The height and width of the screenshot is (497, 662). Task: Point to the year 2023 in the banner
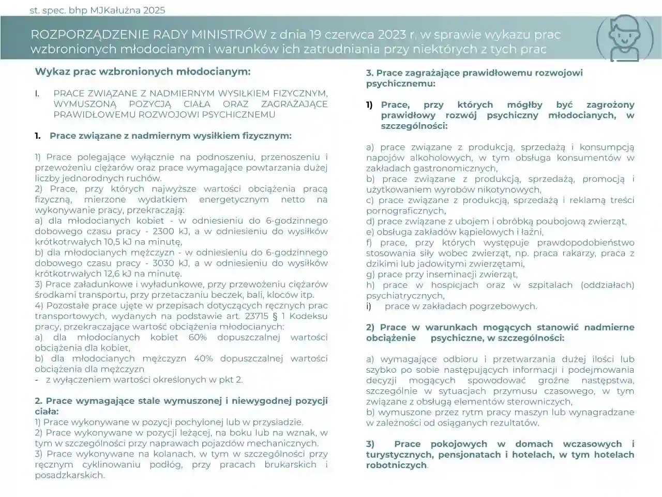click(x=392, y=35)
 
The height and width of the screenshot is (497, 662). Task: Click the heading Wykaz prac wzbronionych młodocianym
click(x=143, y=71)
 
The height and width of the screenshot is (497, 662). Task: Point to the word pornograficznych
click(x=405, y=211)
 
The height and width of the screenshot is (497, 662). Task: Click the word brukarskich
click(x=290, y=464)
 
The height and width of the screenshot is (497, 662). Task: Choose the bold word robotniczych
click(x=397, y=465)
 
